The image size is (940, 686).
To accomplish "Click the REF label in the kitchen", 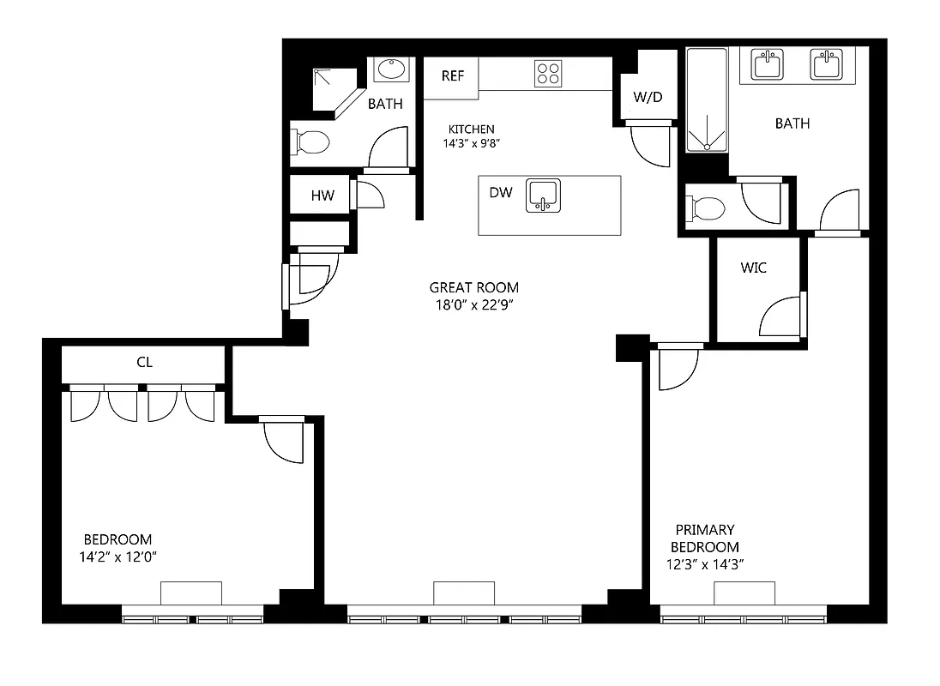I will coord(452,75).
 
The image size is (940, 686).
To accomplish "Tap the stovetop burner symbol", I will coord(547,73).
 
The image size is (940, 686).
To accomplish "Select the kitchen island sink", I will coord(542,195).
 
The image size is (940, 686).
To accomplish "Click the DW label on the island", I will coord(500,192).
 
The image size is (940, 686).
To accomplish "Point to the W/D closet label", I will coord(648,97).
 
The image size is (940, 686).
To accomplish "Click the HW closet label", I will coord(322,196).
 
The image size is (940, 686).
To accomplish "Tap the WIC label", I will coord(753,268).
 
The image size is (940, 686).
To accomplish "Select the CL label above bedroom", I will coord(144,362).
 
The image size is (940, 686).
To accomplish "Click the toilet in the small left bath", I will coord(310,141).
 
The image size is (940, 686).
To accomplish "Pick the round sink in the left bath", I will coord(393,69).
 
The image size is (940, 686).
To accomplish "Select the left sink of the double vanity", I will coord(765,64).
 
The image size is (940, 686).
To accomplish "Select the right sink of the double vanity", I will coord(826,64).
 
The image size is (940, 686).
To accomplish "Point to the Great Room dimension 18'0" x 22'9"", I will coord(474,304).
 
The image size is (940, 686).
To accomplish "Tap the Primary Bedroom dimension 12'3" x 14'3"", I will coord(704,563).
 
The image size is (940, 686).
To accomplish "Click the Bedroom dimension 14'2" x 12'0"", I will coord(117,556).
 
